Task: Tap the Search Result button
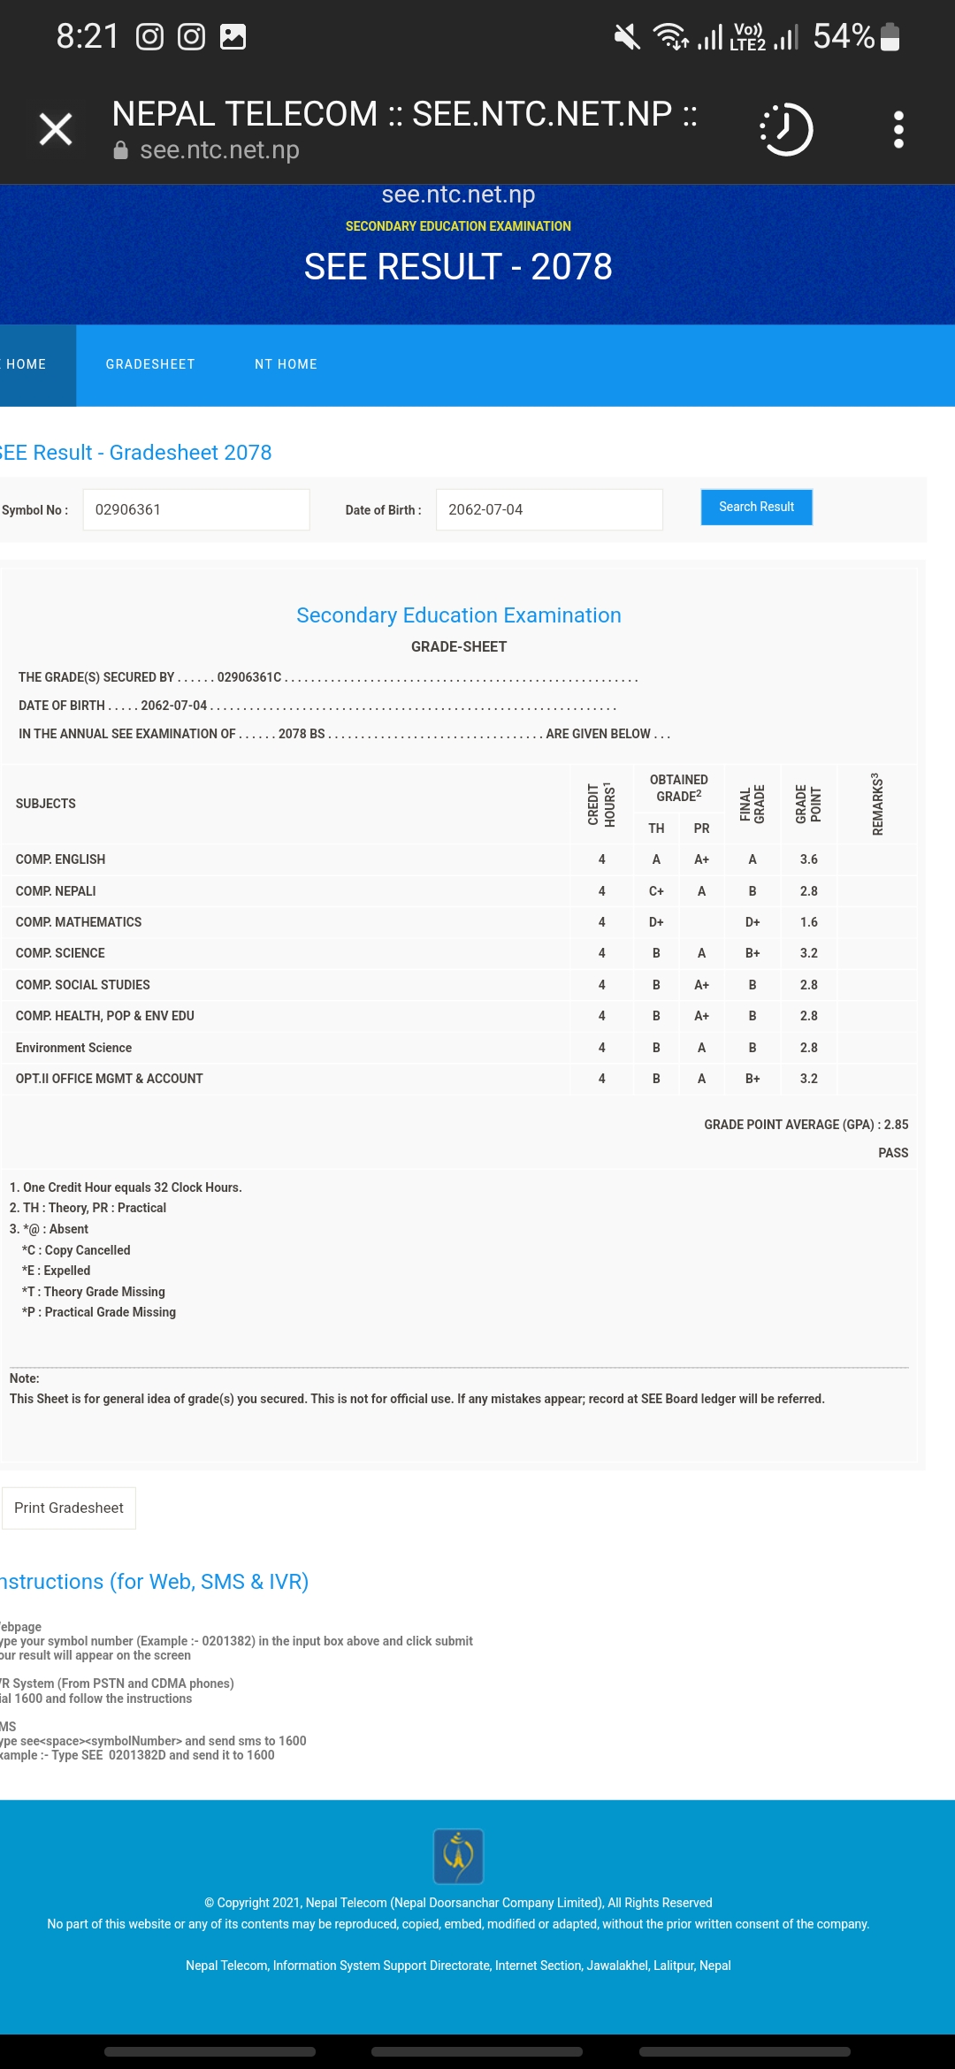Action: click(x=756, y=508)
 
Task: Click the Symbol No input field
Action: click(x=195, y=510)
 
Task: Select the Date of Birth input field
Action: click(x=548, y=510)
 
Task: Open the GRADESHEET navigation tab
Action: click(x=150, y=364)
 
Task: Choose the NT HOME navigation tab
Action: click(x=286, y=364)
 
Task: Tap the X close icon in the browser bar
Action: click(x=56, y=130)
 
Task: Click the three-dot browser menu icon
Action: click(x=898, y=130)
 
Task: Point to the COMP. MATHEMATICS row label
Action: click(x=79, y=922)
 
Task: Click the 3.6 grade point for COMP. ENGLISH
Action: click(x=808, y=859)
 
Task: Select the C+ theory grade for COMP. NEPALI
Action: click(x=656, y=891)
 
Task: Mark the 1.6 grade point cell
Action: click(x=808, y=922)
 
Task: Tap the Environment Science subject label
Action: click(x=73, y=1048)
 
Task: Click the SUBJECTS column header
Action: click(x=46, y=804)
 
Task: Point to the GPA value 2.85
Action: click(x=896, y=1125)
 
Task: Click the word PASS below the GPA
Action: click(x=893, y=1153)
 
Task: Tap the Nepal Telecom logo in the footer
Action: click(x=458, y=1856)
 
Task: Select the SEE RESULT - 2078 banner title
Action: click(x=458, y=267)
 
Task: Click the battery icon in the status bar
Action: click(x=890, y=37)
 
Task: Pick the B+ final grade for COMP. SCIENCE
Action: click(x=753, y=953)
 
